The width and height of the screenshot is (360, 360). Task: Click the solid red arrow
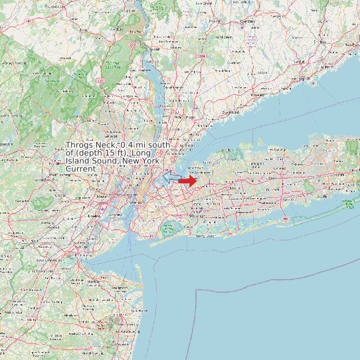click(x=188, y=180)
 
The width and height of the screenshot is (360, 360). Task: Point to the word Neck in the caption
click(x=107, y=145)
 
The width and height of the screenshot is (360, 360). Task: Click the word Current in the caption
click(x=81, y=169)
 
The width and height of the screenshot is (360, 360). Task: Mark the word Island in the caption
click(x=79, y=161)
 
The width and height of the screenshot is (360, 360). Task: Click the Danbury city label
click(x=247, y=21)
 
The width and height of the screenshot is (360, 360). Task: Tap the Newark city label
click(x=104, y=197)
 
